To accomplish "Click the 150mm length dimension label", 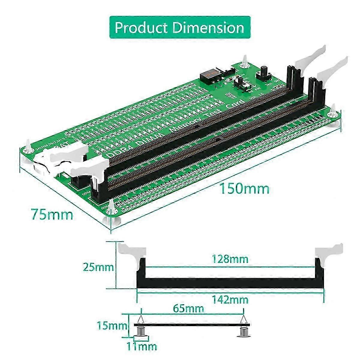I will click(244, 189).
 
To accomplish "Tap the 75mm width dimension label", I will click(52, 214).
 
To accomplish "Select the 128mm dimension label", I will click(230, 259).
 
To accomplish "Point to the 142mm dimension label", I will click(230, 299).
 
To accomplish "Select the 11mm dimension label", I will click(142, 347).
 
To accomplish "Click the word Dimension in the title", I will click(209, 28).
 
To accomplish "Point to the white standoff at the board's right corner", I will click(332, 117).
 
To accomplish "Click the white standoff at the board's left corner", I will click(28, 150).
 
